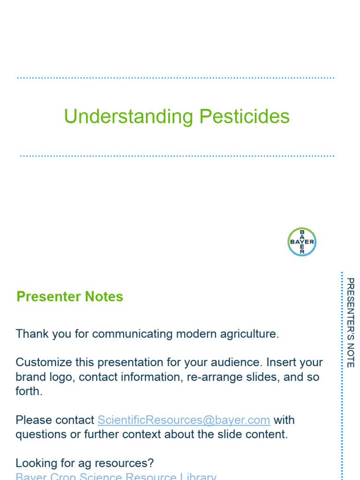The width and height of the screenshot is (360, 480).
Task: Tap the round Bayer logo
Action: point(302,242)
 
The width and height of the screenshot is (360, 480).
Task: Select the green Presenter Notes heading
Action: point(70,297)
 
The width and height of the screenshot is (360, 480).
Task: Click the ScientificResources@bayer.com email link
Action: point(184,420)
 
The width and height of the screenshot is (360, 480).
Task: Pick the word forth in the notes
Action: point(28,391)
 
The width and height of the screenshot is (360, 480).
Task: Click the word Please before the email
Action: point(31,420)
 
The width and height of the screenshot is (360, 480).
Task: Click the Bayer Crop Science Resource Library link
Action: point(116,476)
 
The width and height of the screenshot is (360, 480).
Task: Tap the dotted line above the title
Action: point(176,78)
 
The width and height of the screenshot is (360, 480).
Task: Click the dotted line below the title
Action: point(177,156)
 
